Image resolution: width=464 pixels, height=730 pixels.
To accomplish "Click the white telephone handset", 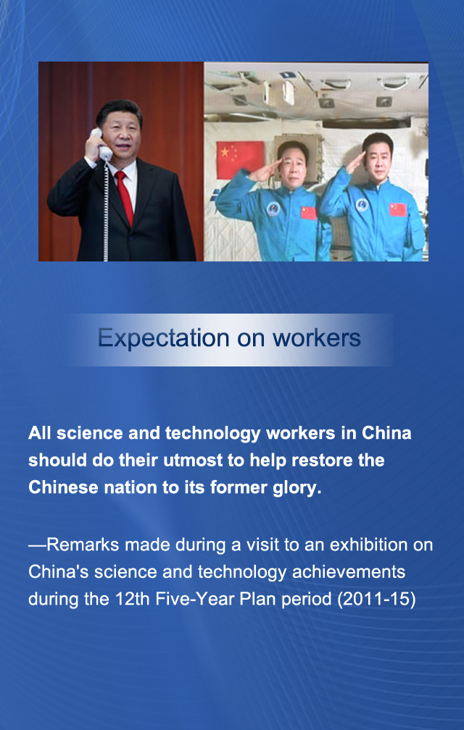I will point(100,144).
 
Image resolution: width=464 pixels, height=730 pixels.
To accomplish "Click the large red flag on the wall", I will point(240,160).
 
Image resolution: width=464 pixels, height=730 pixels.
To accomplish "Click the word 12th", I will point(130,600).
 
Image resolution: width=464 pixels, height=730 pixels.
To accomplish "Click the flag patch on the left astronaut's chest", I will point(309,213).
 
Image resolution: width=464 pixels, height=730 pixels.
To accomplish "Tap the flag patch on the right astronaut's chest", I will point(397,209).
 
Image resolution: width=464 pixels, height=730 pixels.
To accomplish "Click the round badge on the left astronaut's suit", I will point(273,209).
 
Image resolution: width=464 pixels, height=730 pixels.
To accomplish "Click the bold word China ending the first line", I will point(386,434).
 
